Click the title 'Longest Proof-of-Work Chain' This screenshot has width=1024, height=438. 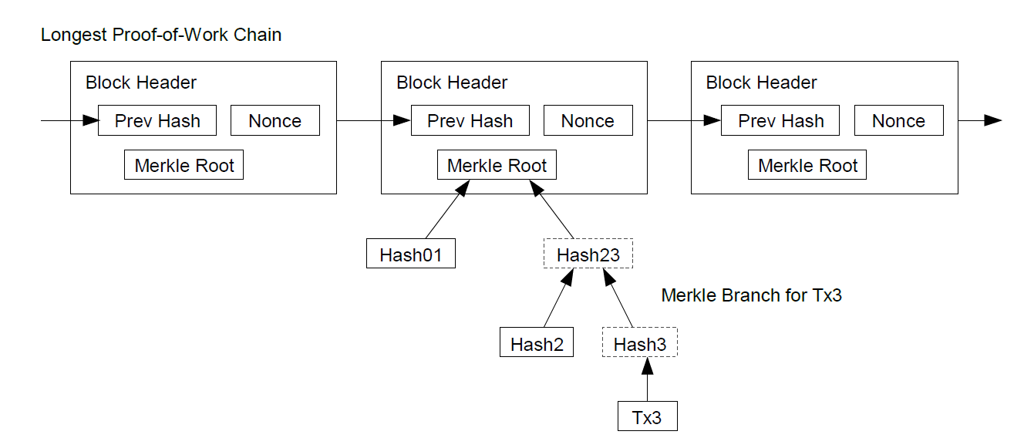(x=161, y=35)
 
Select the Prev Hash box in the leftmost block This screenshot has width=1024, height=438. (x=157, y=120)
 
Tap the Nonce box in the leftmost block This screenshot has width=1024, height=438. (x=275, y=120)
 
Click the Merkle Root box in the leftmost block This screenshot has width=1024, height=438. (x=184, y=164)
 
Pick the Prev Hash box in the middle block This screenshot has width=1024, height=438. (x=470, y=120)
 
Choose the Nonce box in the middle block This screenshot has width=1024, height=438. (x=588, y=120)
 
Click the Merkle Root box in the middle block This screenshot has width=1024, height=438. (x=497, y=164)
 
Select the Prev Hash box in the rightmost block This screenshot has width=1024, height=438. (x=780, y=120)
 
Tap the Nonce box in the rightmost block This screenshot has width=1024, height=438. (x=899, y=120)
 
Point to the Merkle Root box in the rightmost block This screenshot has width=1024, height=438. (x=807, y=164)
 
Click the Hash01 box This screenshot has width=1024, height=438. (x=411, y=253)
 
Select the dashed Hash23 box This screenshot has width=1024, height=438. (x=588, y=253)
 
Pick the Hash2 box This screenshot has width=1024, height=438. (x=537, y=342)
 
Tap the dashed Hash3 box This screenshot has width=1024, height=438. (x=640, y=342)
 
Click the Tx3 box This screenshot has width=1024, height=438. (x=648, y=416)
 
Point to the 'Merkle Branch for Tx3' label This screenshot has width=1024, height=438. (x=752, y=295)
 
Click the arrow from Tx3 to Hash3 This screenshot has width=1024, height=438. (x=647, y=379)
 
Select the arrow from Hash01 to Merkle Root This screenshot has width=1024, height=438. (x=447, y=210)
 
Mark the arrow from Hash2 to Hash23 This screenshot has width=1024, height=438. (x=558, y=298)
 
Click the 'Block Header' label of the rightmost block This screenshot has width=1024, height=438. (x=761, y=83)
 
